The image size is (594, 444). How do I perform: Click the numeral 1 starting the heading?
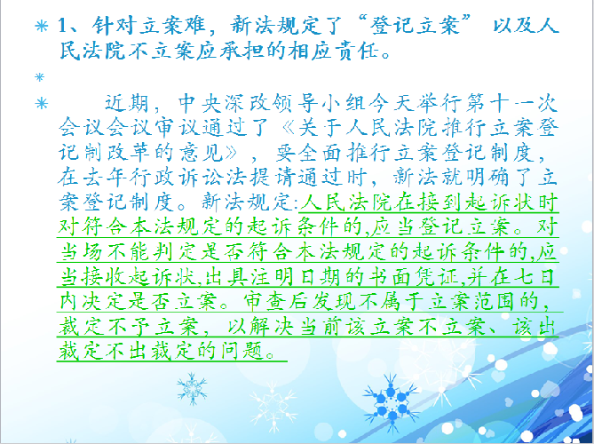point(62,26)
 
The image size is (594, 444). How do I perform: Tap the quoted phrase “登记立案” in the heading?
point(419,26)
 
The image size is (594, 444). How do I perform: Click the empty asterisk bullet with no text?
point(39,77)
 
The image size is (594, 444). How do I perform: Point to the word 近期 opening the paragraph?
point(126,103)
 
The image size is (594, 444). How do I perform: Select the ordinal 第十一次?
point(511,103)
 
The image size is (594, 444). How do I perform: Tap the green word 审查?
point(265,301)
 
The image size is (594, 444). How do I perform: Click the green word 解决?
point(271,326)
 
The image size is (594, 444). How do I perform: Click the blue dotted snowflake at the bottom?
point(392,402)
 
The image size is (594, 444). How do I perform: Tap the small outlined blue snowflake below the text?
point(193,388)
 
